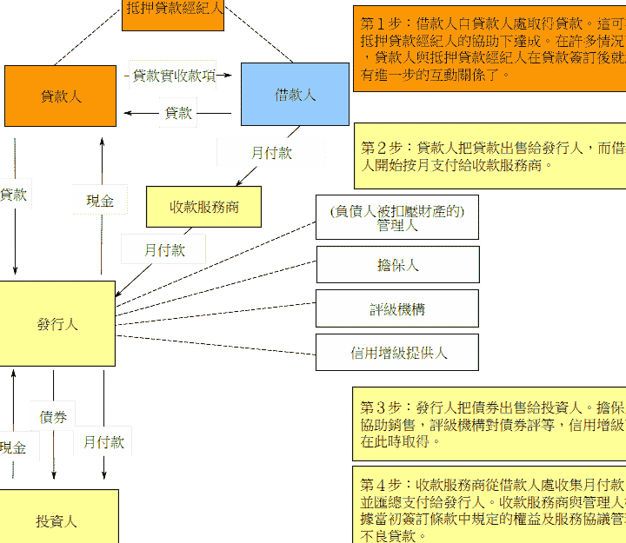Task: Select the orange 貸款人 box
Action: (x=61, y=96)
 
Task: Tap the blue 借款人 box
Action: (x=295, y=95)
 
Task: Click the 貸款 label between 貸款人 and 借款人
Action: (x=178, y=113)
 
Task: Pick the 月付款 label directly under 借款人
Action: (x=270, y=152)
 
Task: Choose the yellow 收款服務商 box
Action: (x=203, y=208)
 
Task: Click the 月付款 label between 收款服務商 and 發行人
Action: (x=163, y=249)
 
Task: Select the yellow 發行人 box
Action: (x=57, y=324)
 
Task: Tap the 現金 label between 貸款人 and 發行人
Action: (x=100, y=200)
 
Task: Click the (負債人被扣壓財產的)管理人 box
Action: (x=397, y=217)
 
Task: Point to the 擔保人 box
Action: (x=397, y=265)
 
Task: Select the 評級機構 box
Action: (x=397, y=308)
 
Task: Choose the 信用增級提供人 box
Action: (x=397, y=353)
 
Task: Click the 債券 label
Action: (x=54, y=417)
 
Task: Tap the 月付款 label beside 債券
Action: (x=103, y=441)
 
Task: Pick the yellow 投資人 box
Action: (x=57, y=520)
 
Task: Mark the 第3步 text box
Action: (x=489, y=423)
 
